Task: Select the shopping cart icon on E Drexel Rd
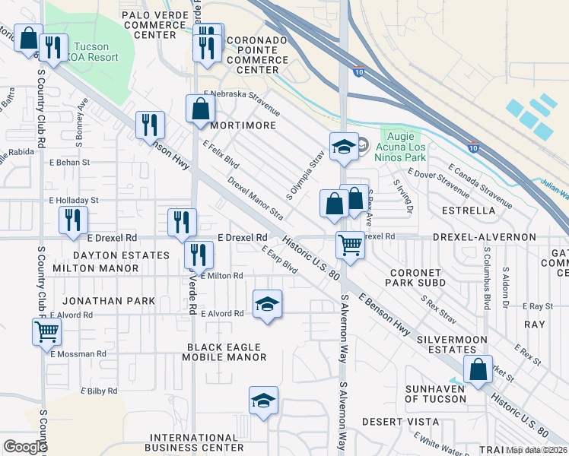pos(350,245)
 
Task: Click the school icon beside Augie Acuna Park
pos(343,147)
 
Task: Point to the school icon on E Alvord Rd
pos(266,305)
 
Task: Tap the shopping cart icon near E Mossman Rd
pos(46,332)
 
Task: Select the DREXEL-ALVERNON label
pos(484,237)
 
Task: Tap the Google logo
pos(26,447)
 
